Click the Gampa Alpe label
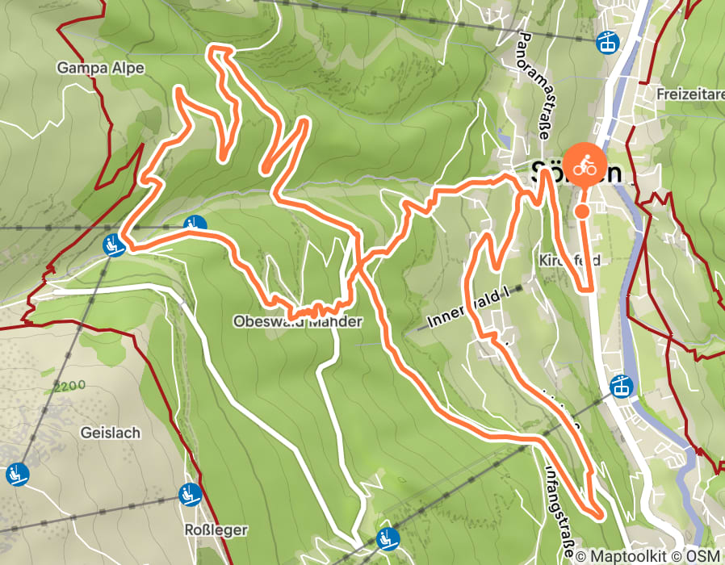tap(100, 69)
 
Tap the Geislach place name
tap(110, 433)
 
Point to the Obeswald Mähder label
tap(297, 321)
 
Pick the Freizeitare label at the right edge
tap(689, 94)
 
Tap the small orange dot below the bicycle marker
tap(582, 211)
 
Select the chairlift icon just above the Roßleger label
tap(191, 492)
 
